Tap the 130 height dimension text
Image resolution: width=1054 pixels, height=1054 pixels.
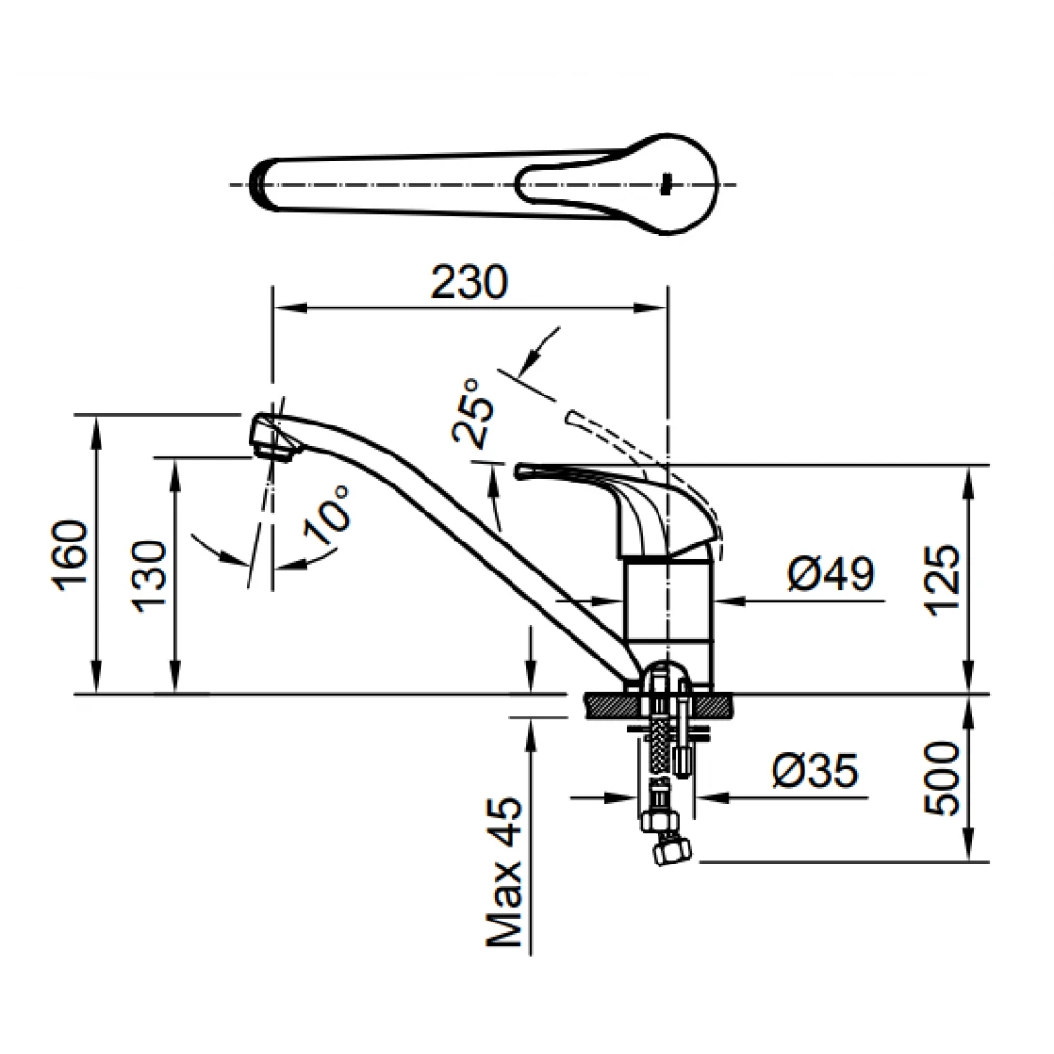point(151,576)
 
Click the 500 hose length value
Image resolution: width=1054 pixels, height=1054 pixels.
point(942,778)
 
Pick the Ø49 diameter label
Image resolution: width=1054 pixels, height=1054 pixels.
point(831,574)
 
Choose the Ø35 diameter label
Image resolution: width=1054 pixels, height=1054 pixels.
point(814,772)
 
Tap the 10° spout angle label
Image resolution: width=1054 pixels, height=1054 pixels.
point(326,510)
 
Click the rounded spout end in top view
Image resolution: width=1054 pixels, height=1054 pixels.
point(259,184)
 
